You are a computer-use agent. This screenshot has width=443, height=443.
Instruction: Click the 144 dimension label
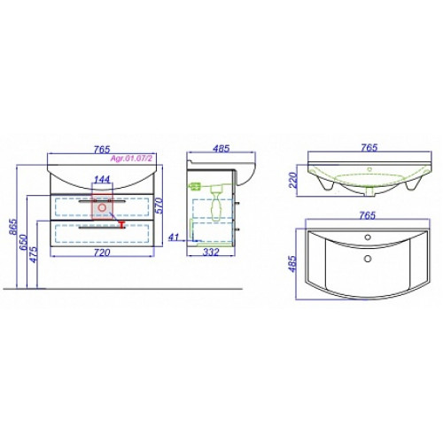pyautogui.click(x=102, y=179)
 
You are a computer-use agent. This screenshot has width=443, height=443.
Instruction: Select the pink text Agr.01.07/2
pyautogui.click(x=131, y=159)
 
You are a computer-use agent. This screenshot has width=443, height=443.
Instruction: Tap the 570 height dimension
pyautogui.click(x=159, y=206)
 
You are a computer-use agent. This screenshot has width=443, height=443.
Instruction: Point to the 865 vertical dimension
pyautogui.click(x=13, y=227)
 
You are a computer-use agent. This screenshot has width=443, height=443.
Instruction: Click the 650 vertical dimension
pyautogui.click(x=24, y=243)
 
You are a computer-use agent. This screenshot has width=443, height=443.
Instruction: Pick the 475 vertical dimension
pyautogui.click(x=35, y=254)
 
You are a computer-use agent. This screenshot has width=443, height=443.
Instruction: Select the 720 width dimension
pyautogui.click(x=102, y=253)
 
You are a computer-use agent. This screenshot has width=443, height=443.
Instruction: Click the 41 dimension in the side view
pyautogui.click(x=174, y=237)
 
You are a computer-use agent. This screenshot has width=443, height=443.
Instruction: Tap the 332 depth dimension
pyautogui.click(x=212, y=253)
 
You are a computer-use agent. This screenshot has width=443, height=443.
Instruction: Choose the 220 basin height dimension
pyautogui.click(x=293, y=180)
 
